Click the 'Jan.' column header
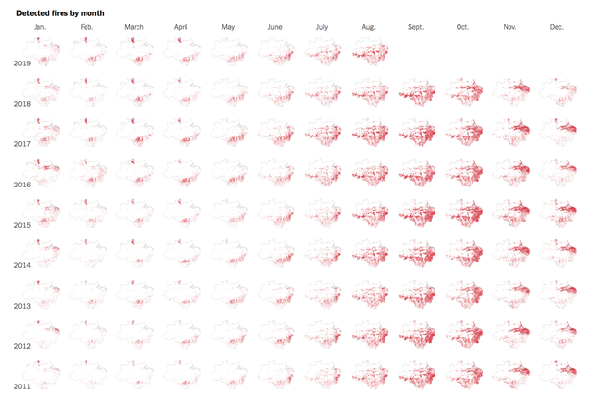click(x=39, y=27)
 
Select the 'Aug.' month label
click(x=369, y=27)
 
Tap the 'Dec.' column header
click(x=557, y=27)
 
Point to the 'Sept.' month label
click(x=415, y=27)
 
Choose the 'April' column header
click(x=181, y=27)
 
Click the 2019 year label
click(x=23, y=63)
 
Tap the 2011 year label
click(x=23, y=386)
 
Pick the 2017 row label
click(x=23, y=144)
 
